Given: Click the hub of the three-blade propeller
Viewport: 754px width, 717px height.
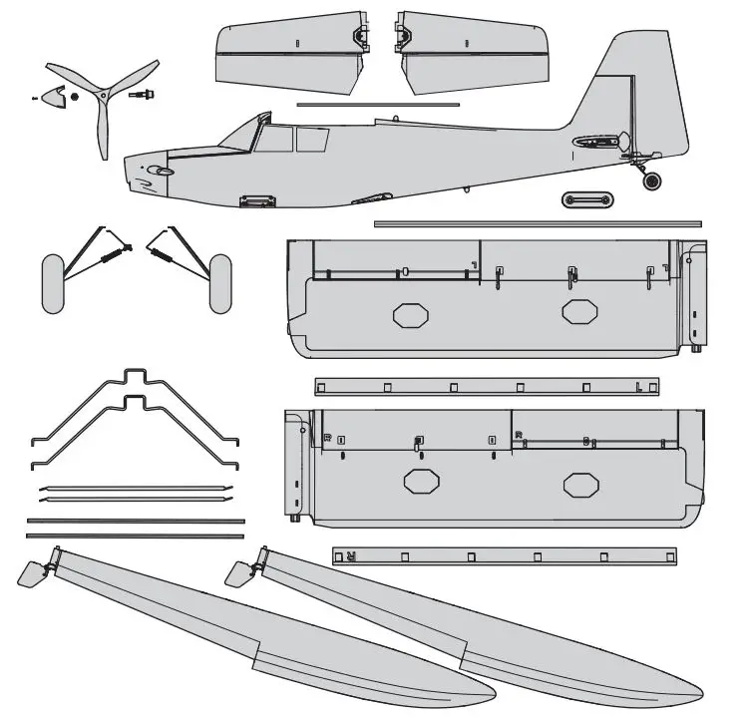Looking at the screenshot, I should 102,94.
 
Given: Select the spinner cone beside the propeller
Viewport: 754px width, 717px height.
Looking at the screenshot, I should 56,97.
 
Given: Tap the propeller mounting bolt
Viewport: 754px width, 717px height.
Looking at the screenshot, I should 140,95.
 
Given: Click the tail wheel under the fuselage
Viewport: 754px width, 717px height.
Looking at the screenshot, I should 651,181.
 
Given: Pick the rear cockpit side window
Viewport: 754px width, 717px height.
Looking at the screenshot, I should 312,139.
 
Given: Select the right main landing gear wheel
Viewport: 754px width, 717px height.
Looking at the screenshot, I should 219,283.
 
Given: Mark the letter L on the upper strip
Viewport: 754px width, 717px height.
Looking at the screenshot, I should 638,387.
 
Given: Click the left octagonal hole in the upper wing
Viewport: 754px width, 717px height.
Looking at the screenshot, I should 409,315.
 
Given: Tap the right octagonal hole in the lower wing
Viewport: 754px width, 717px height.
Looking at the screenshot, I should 580,485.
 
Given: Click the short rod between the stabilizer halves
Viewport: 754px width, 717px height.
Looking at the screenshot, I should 377,104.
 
